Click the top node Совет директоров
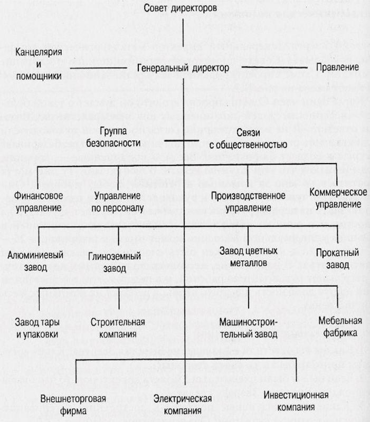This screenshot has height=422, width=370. (x=180, y=8)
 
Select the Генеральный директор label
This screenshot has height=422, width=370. (x=183, y=68)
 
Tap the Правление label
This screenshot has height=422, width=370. (x=337, y=67)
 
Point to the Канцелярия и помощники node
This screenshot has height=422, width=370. (x=39, y=64)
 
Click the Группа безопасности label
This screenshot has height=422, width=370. (x=113, y=137)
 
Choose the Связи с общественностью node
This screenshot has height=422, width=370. (x=248, y=139)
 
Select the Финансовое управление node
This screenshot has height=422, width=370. (x=39, y=202)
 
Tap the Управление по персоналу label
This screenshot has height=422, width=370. (x=117, y=202)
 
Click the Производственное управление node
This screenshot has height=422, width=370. (x=248, y=202)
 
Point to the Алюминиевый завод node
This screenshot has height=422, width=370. (x=35, y=261)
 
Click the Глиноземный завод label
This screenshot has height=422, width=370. (x=115, y=262)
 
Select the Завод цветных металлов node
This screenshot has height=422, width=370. (x=248, y=257)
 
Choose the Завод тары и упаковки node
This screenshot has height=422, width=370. (x=37, y=328)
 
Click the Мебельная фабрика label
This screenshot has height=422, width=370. (x=340, y=327)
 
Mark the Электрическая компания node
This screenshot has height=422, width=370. (x=183, y=405)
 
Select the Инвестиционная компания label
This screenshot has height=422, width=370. (x=296, y=401)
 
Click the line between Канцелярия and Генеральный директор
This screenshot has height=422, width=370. (x=98, y=68)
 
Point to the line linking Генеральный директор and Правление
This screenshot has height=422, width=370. (x=274, y=67)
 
